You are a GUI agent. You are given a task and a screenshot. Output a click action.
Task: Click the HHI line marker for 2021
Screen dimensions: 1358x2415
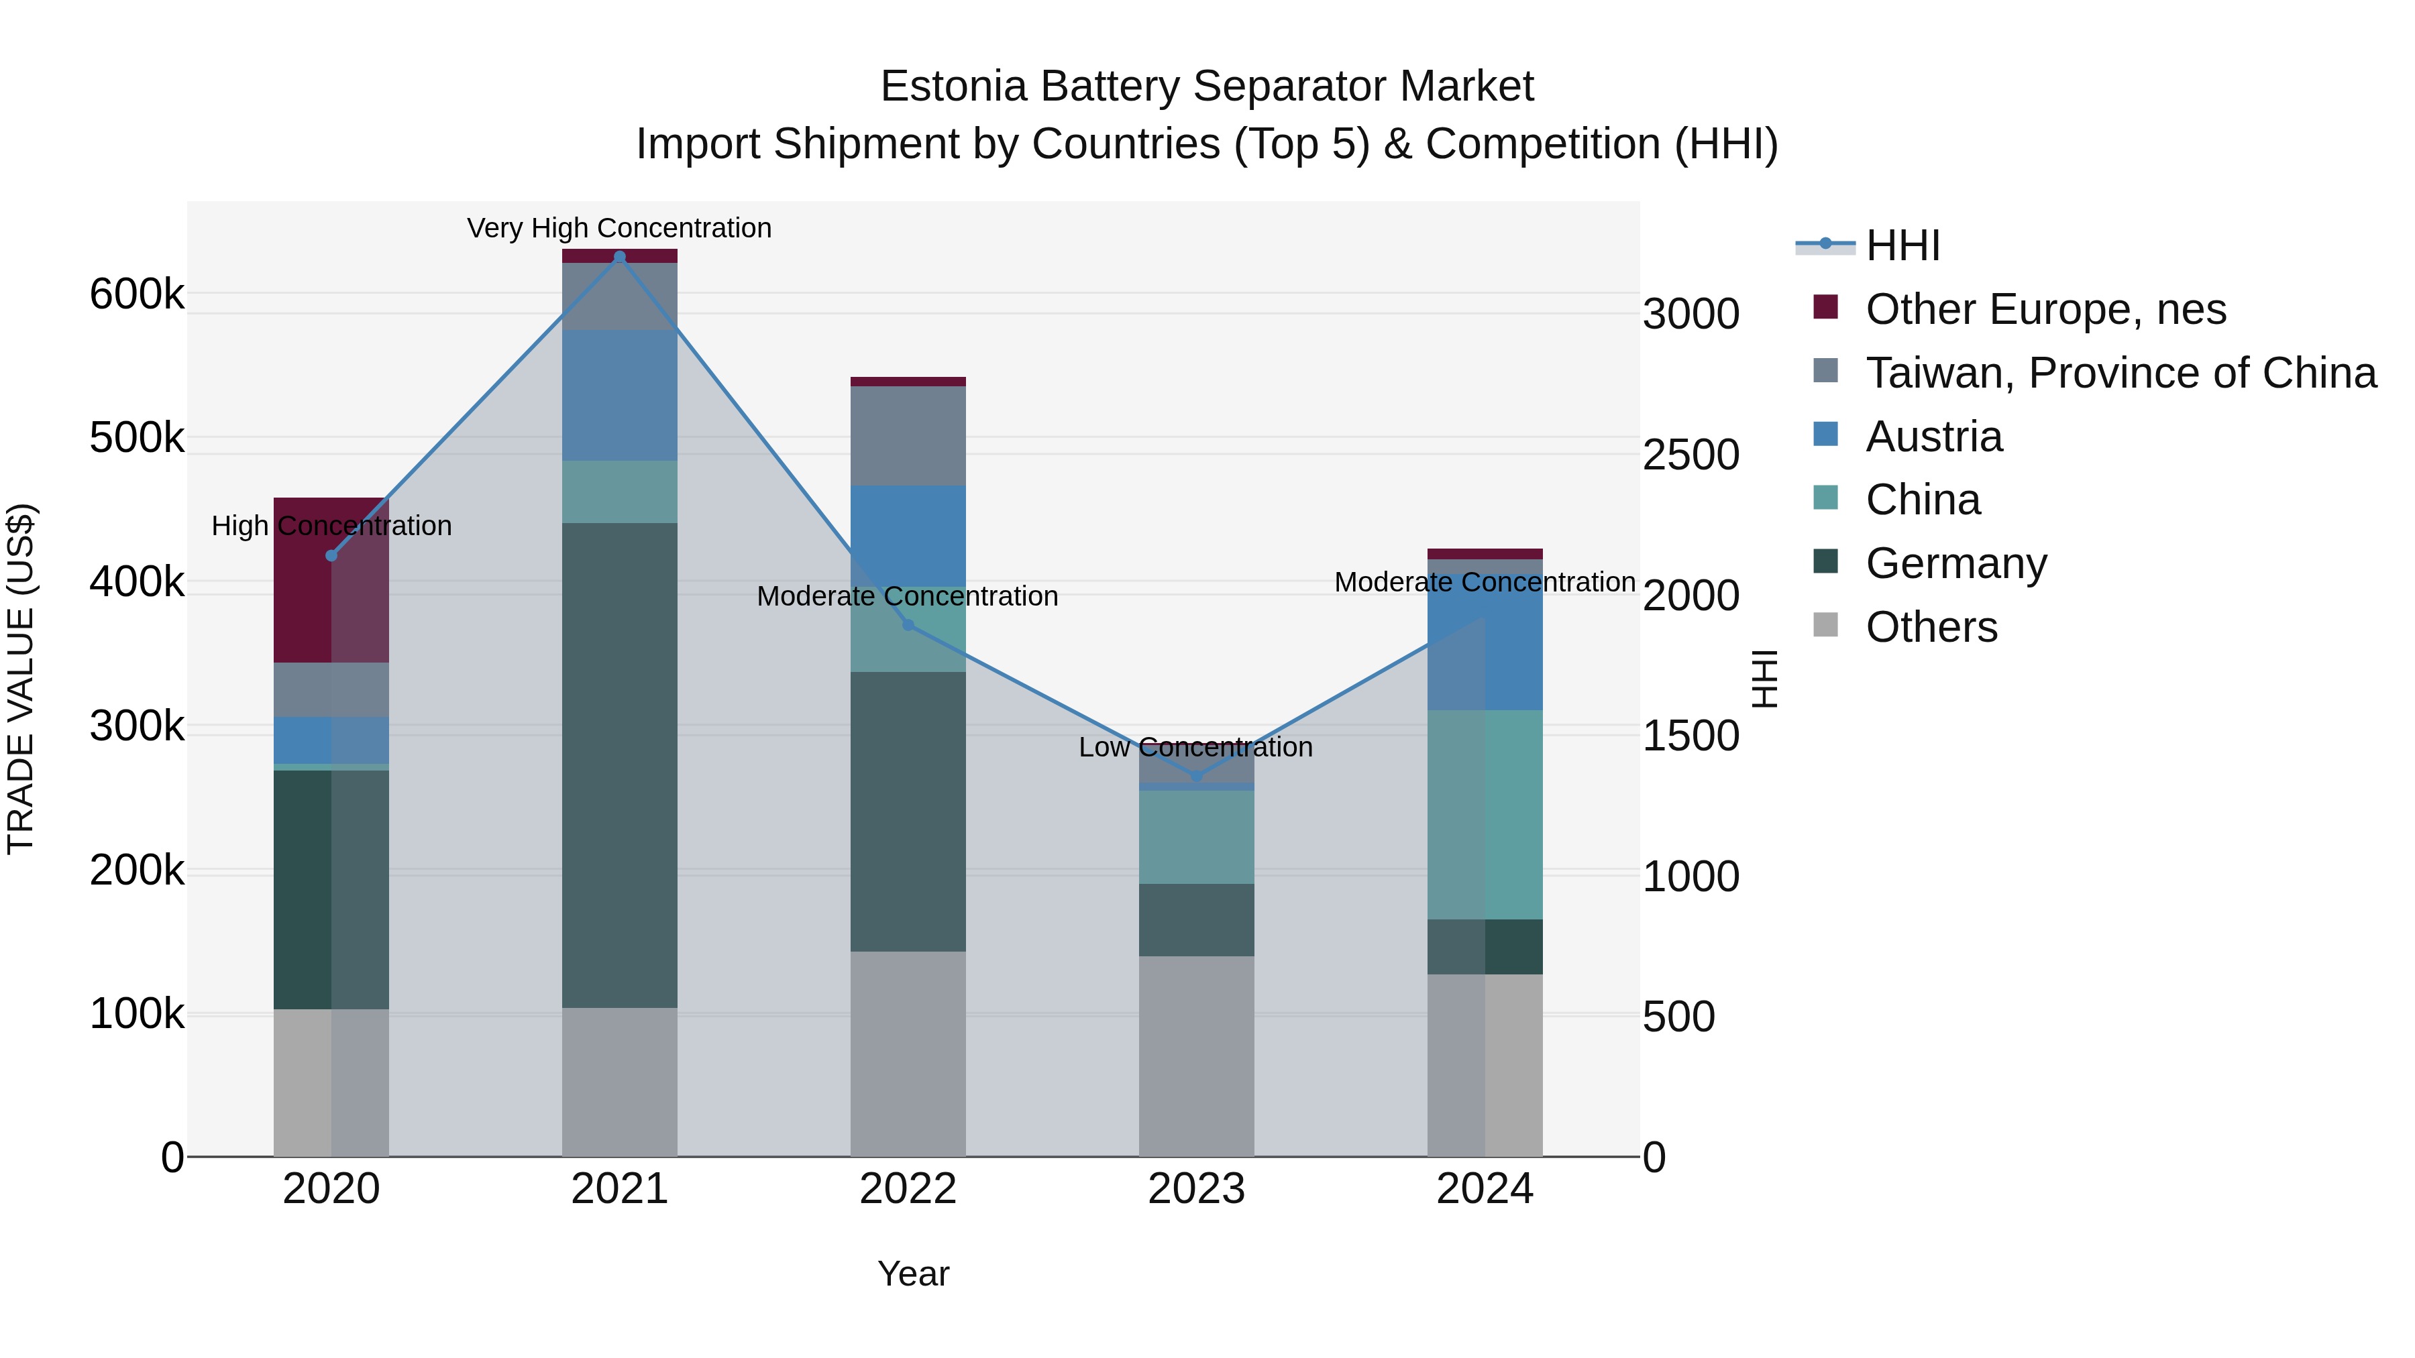(619, 257)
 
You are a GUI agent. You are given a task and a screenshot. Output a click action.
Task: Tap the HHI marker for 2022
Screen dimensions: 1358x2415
(908, 625)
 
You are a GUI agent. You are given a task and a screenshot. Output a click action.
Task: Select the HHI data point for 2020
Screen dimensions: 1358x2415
(331, 556)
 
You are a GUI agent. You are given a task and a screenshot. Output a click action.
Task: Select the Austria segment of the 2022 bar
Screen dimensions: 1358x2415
(908, 535)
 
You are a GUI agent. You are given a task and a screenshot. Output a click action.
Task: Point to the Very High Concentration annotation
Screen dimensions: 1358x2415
(619, 228)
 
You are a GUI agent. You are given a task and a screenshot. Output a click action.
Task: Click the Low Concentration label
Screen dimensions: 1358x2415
(1195, 747)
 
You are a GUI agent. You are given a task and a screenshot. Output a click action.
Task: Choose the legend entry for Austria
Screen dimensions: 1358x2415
(1933, 437)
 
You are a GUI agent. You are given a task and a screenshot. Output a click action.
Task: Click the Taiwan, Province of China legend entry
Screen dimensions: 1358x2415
(2121, 373)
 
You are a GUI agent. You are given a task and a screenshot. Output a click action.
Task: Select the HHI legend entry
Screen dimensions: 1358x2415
(1902, 245)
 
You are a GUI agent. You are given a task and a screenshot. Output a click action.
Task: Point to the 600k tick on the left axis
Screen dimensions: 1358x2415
(137, 294)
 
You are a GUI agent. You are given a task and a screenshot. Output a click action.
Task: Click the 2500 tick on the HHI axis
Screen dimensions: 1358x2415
(1690, 455)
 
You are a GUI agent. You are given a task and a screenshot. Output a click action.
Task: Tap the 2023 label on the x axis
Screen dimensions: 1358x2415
(1195, 1189)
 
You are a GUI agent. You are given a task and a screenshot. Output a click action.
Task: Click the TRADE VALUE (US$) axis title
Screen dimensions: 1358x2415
(21, 679)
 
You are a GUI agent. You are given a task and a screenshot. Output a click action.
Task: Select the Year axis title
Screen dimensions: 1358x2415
(913, 1274)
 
